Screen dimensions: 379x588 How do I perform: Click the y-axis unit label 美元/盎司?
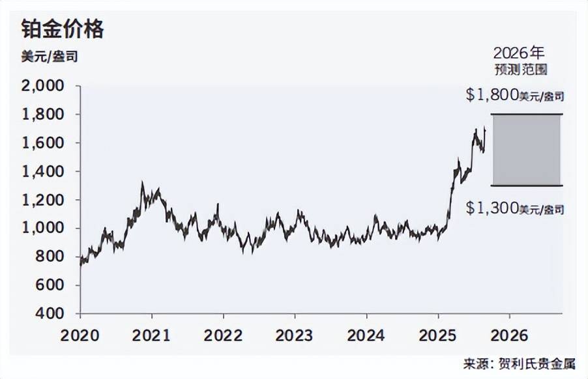(x=50, y=57)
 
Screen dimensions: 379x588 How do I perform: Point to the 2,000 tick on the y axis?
(x=44, y=86)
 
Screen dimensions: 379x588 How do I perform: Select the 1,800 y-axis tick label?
(x=44, y=115)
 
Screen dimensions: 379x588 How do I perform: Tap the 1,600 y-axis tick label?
(x=44, y=143)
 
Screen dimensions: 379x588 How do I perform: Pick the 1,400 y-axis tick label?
(x=44, y=172)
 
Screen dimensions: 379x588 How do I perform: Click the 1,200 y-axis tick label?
(x=44, y=200)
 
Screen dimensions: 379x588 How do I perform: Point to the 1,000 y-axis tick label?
(x=44, y=229)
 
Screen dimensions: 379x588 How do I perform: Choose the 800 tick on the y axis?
(x=51, y=257)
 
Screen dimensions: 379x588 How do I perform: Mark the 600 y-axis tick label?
(x=51, y=285)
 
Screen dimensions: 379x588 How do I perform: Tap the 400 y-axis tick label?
(x=51, y=314)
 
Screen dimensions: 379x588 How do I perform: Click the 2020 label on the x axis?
(x=80, y=335)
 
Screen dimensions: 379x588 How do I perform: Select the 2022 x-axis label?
(x=224, y=335)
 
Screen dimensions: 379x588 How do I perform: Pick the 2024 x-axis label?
(x=367, y=335)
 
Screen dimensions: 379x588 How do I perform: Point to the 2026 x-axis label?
(x=509, y=335)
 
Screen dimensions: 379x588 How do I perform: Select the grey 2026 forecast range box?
(x=526, y=150)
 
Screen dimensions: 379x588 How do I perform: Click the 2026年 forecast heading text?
(x=518, y=52)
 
